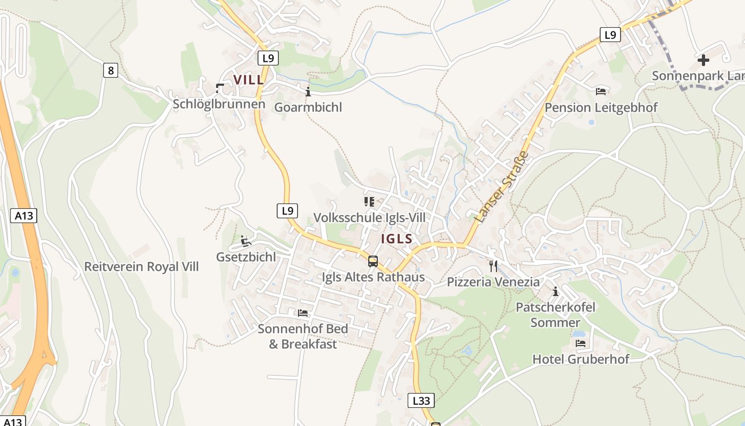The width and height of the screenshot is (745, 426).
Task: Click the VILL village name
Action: pyautogui.click(x=248, y=80)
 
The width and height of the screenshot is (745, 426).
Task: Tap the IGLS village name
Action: pyautogui.click(x=396, y=239)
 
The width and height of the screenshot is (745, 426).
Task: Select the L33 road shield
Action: pyautogui.click(x=421, y=400)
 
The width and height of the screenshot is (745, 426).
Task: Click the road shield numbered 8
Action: pyautogui.click(x=110, y=70)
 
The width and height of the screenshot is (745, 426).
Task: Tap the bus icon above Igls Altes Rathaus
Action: pyautogui.click(x=373, y=261)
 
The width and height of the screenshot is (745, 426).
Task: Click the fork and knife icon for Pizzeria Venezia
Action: pyautogui.click(x=493, y=266)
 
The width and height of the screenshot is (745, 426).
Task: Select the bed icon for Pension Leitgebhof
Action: pyautogui.click(x=601, y=92)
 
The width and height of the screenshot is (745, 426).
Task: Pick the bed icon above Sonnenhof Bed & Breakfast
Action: pyautogui.click(x=303, y=313)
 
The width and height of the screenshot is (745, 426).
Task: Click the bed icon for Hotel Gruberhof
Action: pyautogui.click(x=580, y=343)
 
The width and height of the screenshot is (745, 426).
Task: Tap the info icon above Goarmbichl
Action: pyautogui.click(x=308, y=92)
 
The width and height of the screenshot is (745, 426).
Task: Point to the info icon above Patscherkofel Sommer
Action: pyautogui.click(x=556, y=291)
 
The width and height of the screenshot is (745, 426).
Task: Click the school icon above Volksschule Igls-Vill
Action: pyautogui.click(x=369, y=201)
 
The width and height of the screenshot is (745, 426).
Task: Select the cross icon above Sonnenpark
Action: pyautogui.click(x=703, y=60)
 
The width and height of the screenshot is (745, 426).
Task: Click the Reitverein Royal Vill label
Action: pyautogui.click(x=142, y=266)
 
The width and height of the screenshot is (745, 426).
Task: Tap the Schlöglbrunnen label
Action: pyautogui.click(x=219, y=104)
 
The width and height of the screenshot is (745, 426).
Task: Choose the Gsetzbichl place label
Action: pyautogui.click(x=246, y=257)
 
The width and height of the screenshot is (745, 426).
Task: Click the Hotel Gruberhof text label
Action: pyautogui.click(x=581, y=359)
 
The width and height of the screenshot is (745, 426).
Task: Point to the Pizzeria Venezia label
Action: pyautogui.click(x=493, y=282)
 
